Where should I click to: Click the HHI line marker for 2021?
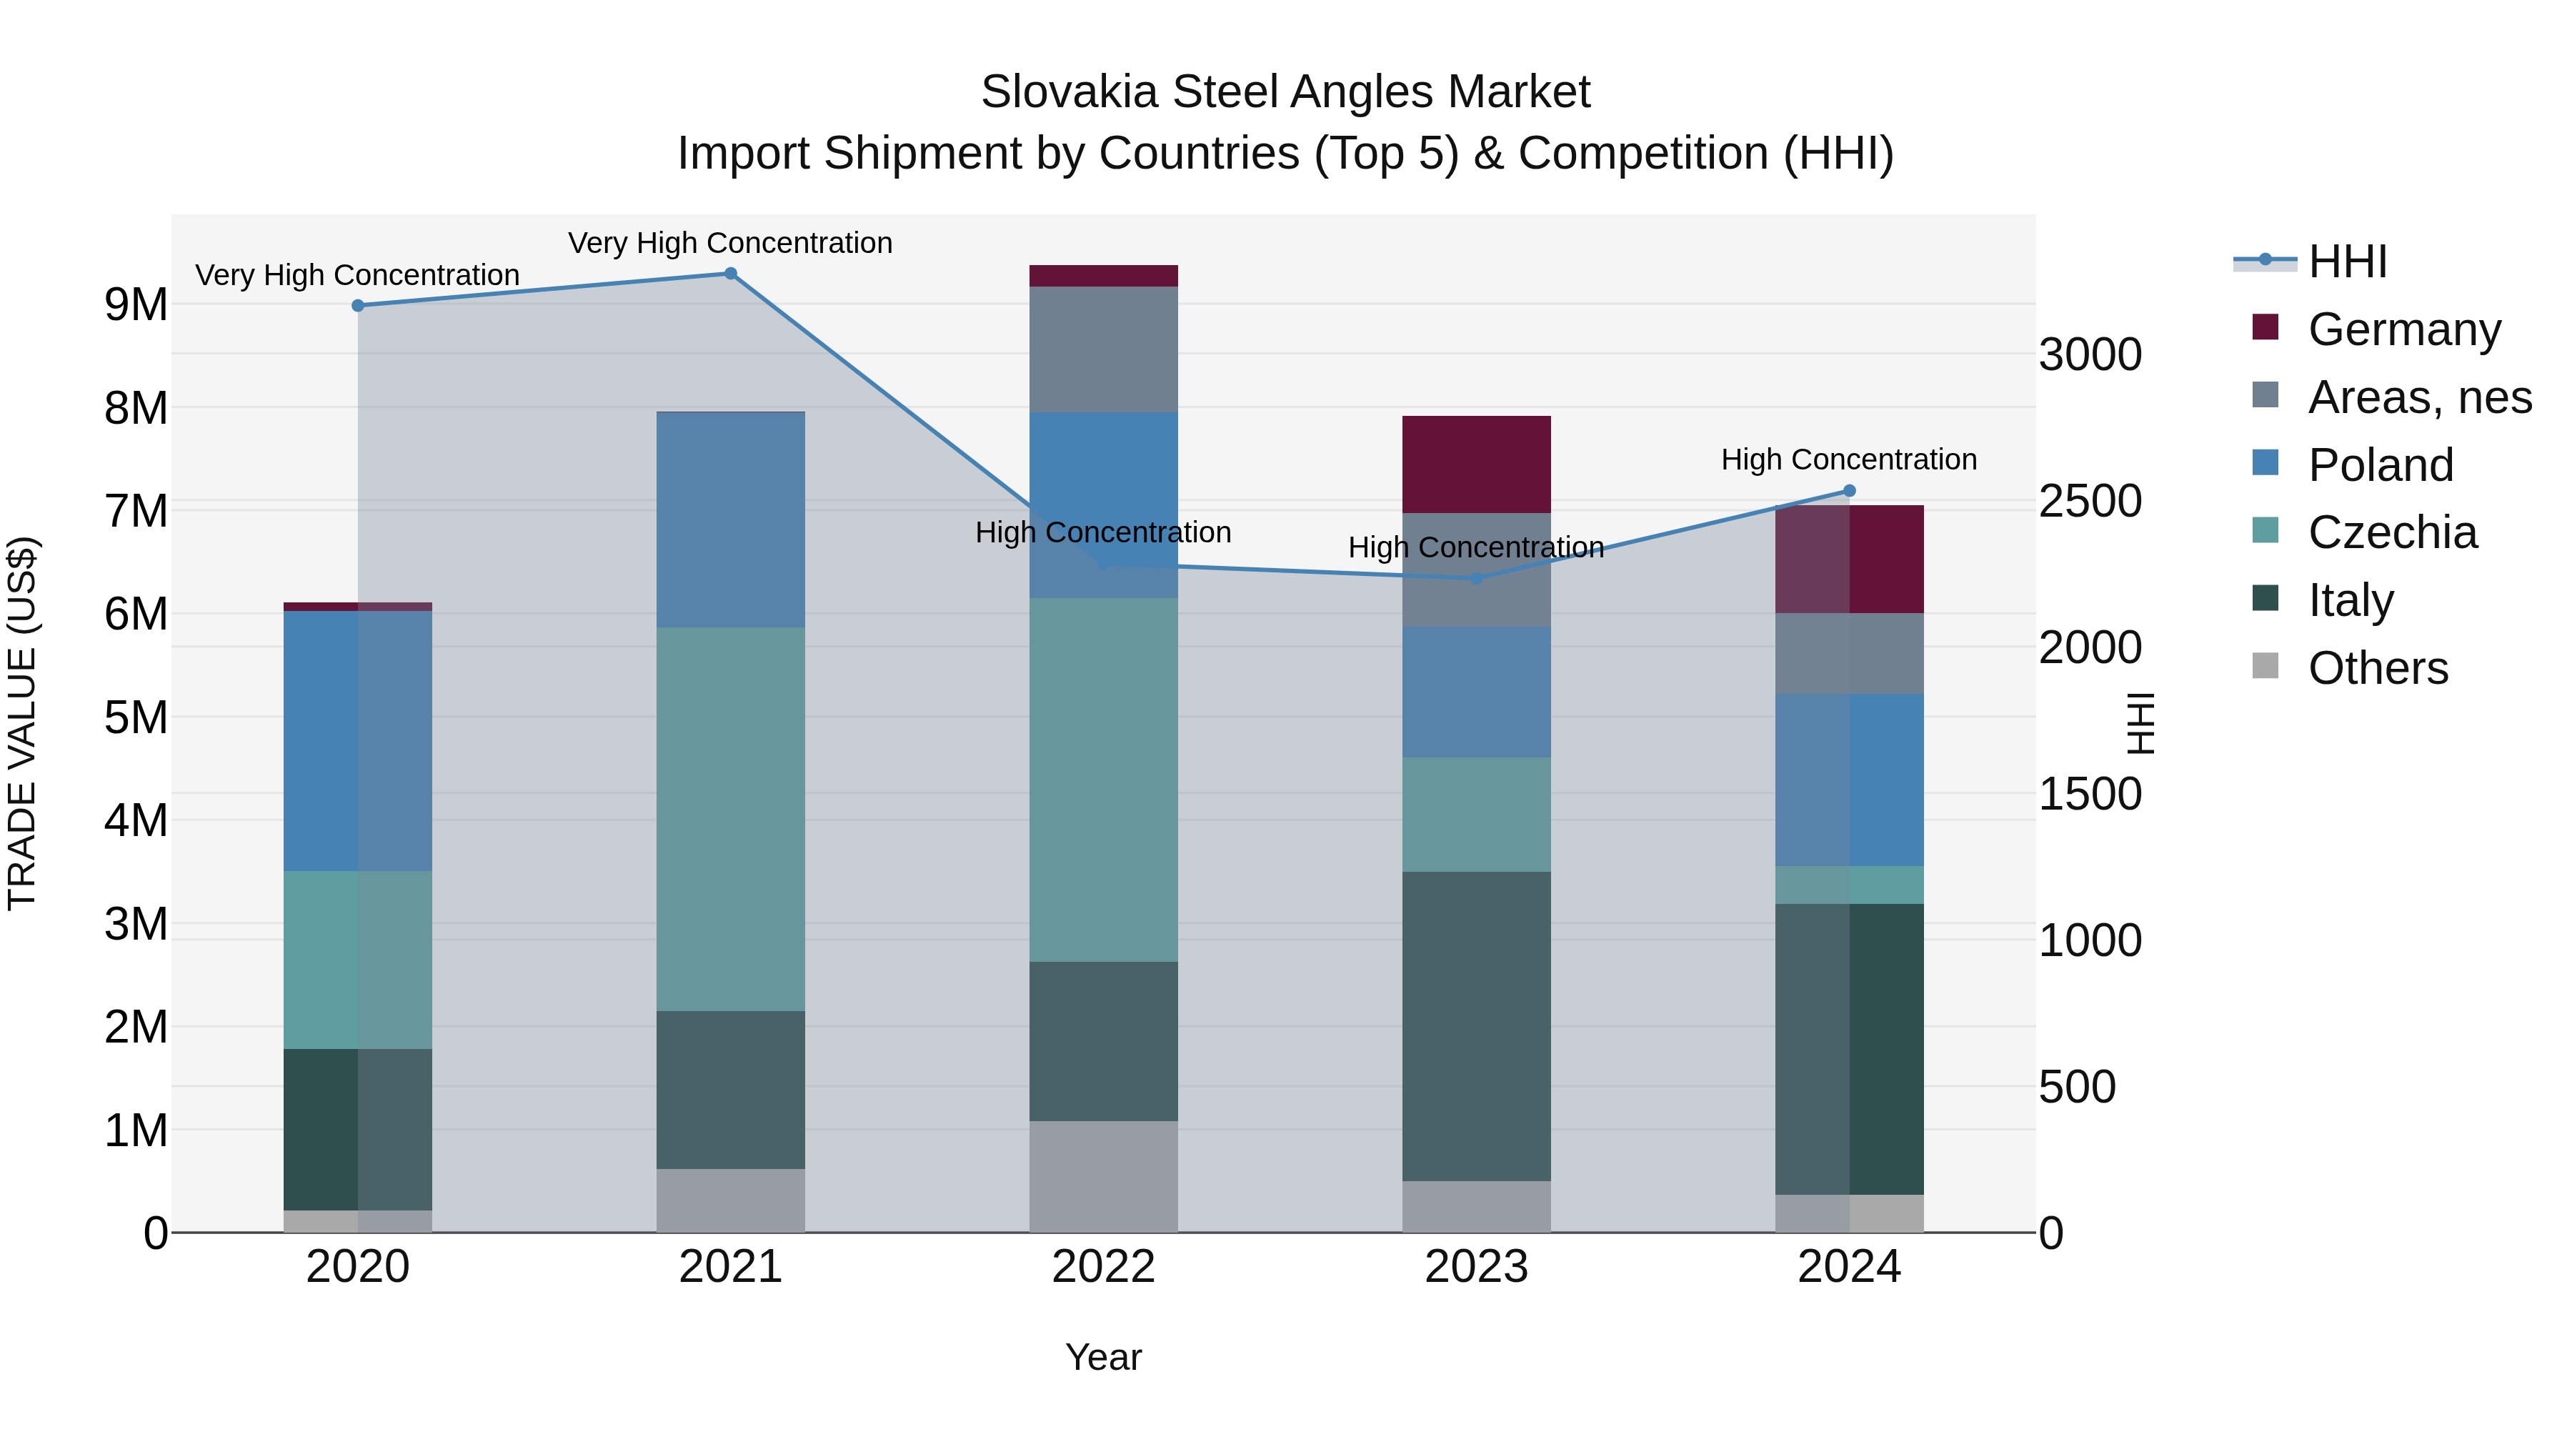pos(730,274)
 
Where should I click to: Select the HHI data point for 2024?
pos(1849,490)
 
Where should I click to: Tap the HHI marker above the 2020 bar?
pos(357,306)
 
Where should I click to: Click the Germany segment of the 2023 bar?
pos(1476,464)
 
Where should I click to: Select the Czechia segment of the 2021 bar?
pos(730,819)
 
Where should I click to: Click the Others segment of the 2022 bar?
pos(1103,1175)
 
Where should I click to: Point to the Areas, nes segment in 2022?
pos(1103,349)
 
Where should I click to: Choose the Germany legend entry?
pos(2403,329)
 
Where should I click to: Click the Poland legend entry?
pos(2381,465)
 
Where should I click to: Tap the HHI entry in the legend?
pos(2346,262)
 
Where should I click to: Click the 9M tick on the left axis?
pos(136,304)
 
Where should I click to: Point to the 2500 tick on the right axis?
pos(2090,502)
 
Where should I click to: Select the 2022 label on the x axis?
pos(1103,1267)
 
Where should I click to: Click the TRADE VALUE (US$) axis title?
pos(22,723)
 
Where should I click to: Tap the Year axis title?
pos(1103,1357)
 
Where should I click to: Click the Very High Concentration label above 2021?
pos(730,243)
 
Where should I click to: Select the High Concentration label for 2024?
pos(1848,459)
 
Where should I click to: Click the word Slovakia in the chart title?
pos(1067,92)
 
